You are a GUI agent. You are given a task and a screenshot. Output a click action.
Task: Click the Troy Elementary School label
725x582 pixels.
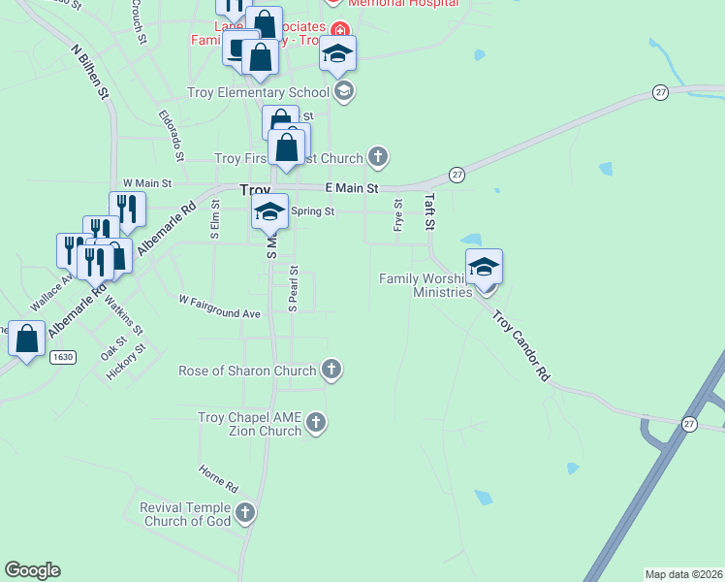coord(258,92)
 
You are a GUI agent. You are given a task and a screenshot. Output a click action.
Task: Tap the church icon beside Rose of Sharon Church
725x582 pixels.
coord(331,370)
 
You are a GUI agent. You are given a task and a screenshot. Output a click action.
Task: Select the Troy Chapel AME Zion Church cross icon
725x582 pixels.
coord(316,423)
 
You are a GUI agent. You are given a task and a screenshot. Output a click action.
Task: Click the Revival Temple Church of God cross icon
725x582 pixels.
coord(244,512)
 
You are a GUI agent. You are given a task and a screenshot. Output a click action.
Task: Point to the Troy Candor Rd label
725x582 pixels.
coord(520,345)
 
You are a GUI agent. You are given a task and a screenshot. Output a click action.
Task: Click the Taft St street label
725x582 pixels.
coord(430,210)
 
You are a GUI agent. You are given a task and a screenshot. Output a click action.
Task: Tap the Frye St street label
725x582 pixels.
coord(398,215)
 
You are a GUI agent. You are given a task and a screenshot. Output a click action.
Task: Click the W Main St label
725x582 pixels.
coord(147,182)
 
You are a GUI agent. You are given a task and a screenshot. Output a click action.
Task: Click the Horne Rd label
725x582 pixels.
coord(218,477)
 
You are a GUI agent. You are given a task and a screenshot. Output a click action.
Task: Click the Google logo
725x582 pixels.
coord(32,570)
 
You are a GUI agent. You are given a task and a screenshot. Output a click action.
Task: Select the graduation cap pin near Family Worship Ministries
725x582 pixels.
coord(484,268)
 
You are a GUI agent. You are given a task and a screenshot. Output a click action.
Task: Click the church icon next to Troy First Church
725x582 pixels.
coord(378,156)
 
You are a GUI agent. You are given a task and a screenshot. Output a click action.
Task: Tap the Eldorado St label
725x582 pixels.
coord(172,135)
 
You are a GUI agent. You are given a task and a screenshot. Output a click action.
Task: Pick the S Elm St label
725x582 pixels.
coord(215,220)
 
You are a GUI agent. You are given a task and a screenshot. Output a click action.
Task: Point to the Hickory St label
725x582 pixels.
coord(128,362)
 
